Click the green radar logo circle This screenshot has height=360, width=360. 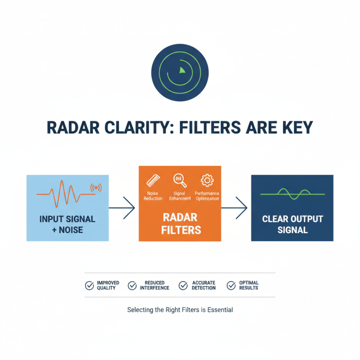[x=180, y=72]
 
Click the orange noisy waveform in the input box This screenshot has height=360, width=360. [x=66, y=193]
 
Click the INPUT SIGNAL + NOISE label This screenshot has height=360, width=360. [x=67, y=225]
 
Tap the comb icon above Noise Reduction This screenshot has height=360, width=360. [x=153, y=181]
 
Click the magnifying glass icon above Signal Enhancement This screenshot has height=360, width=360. [x=180, y=180]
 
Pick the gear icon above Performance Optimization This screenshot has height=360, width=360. [x=207, y=180]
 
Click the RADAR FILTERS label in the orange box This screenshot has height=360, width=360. [x=180, y=224]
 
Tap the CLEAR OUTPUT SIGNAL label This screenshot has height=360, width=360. [x=292, y=224]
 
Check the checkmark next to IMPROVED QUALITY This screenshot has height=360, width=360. [x=90, y=285]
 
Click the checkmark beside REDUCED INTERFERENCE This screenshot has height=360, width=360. [x=132, y=285]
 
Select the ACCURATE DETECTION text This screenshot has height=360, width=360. [x=204, y=285]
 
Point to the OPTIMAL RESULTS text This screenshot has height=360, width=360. [x=249, y=285]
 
